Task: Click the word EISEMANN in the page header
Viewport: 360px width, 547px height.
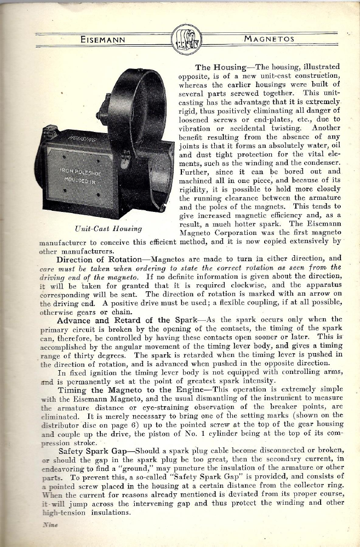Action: point(102,39)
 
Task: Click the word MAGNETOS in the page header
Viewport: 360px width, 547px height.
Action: point(269,39)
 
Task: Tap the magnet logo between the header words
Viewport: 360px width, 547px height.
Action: point(186,39)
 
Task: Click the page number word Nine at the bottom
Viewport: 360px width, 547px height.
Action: point(50,525)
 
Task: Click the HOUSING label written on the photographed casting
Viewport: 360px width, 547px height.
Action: point(82,142)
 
